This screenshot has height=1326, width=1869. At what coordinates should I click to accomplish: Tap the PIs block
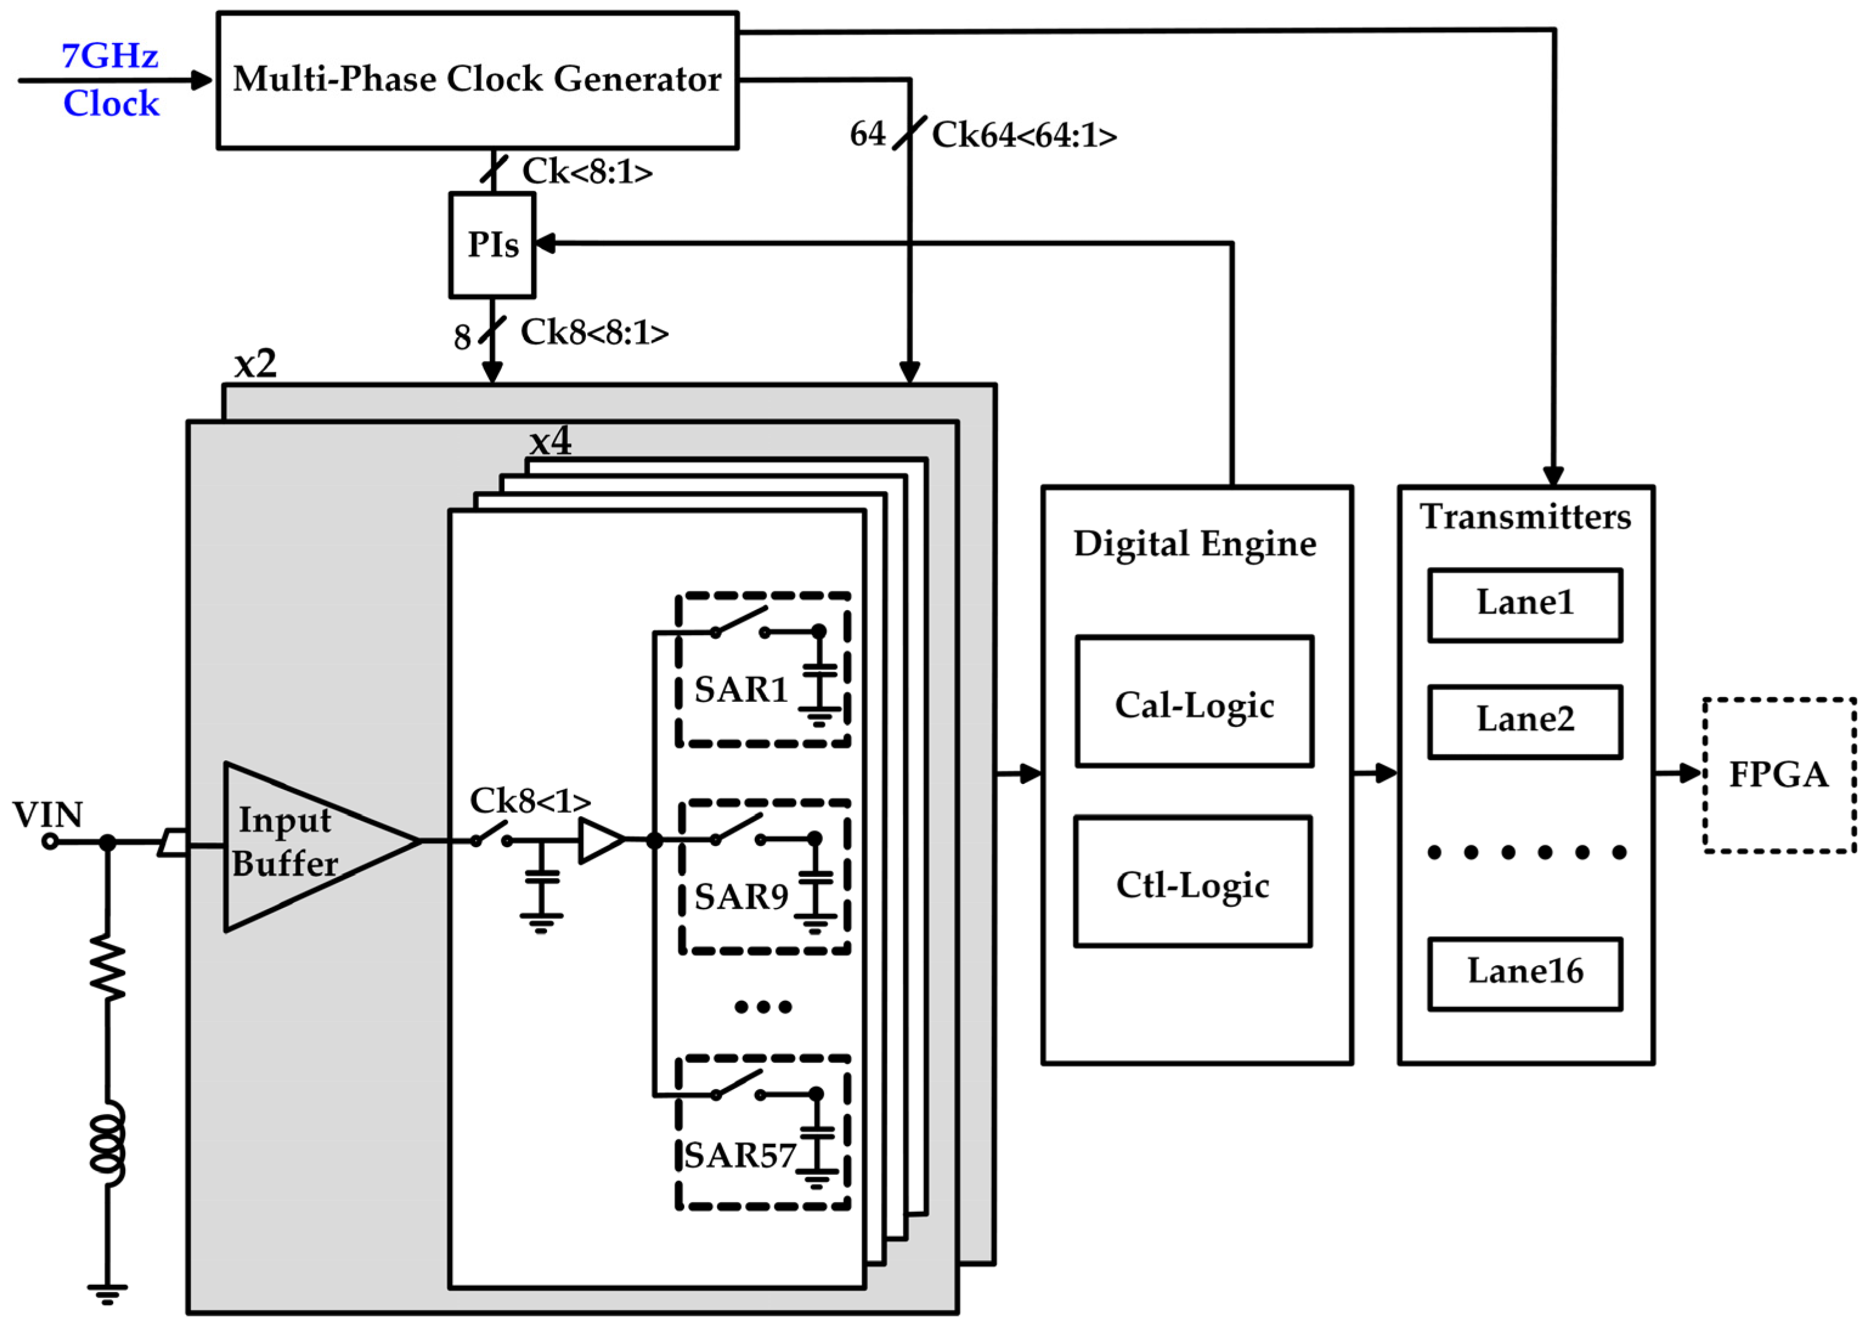[492, 245]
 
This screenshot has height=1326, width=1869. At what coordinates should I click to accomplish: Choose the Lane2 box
[1524, 721]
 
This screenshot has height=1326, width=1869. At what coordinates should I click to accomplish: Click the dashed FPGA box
[1778, 775]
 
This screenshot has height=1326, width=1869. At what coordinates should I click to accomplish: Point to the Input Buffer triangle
[302, 845]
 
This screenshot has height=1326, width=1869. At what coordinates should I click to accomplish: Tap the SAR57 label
[739, 1155]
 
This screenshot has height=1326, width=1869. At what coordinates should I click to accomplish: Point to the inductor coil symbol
[108, 1143]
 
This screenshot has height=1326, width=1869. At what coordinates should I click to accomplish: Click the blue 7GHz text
[109, 55]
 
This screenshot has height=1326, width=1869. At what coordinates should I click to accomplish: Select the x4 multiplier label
[549, 442]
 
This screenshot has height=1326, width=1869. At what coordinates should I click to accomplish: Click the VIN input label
[47, 814]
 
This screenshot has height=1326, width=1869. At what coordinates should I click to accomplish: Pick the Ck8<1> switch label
[529, 801]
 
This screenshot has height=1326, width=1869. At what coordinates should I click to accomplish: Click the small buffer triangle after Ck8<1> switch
[599, 840]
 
